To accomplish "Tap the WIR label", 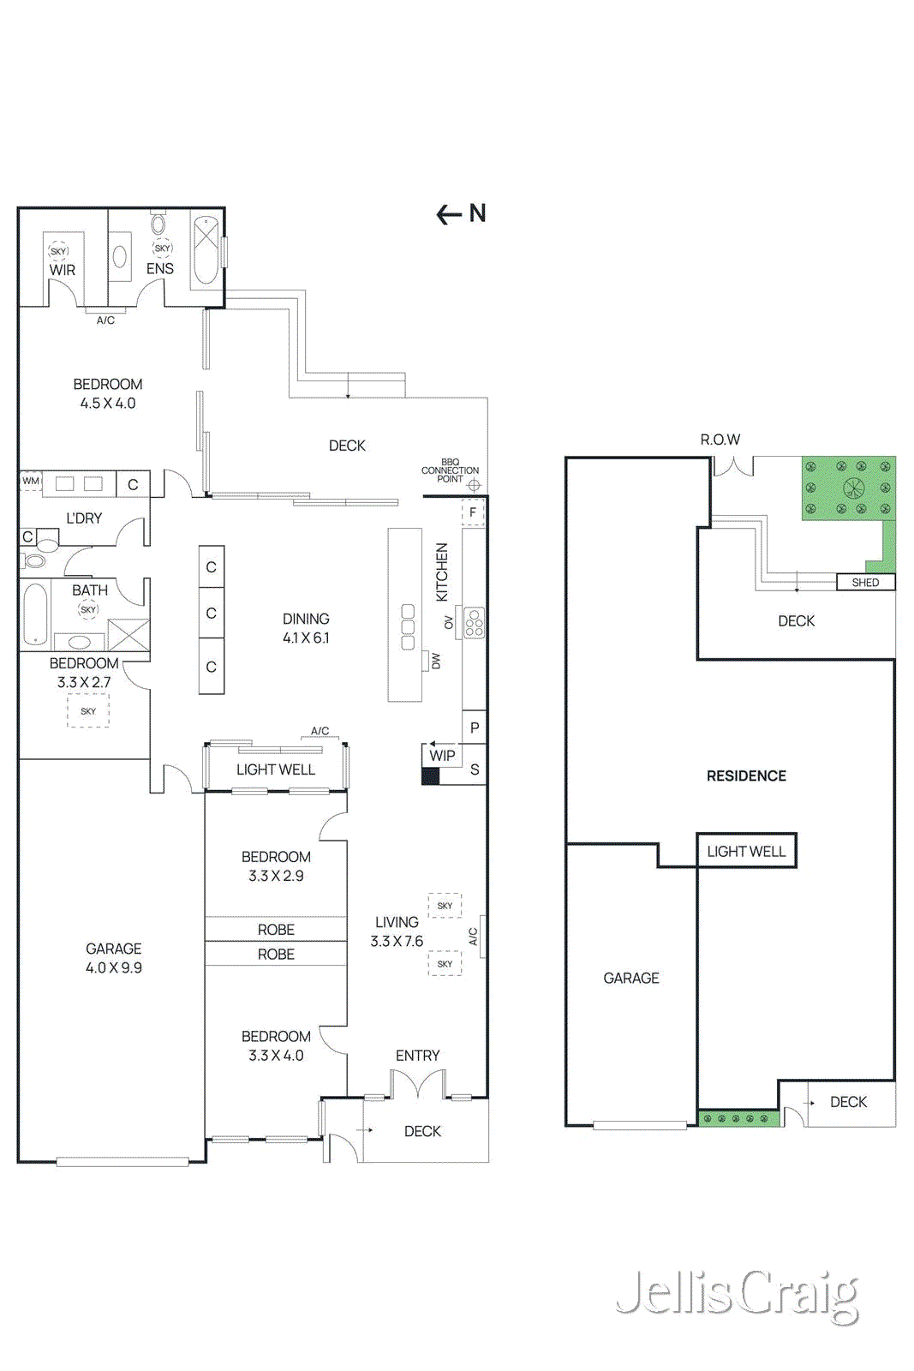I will (x=62, y=270).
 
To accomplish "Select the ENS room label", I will (x=159, y=268).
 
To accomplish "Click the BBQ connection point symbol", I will (x=475, y=485).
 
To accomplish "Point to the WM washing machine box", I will (x=31, y=481).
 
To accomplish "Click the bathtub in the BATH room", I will (x=35, y=613).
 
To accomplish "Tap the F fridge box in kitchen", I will (x=473, y=512).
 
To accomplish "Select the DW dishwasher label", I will (x=436, y=662).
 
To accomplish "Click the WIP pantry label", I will (x=442, y=756).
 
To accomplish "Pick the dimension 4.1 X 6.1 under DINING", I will (x=306, y=638).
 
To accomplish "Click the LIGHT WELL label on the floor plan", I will (x=276, y=769).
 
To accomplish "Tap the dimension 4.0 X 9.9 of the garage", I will (x=114, y=967).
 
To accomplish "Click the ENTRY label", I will (x=417, y=1056).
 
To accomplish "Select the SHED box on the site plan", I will (x=865, y=583).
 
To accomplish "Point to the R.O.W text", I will (x=720, y=440).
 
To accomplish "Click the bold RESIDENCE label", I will (x=746, y=775).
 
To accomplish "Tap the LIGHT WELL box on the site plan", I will (x=746, y=851).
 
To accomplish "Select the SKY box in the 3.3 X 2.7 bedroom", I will (x=88, y=711).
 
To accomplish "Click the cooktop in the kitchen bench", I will (x=474, y=623).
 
